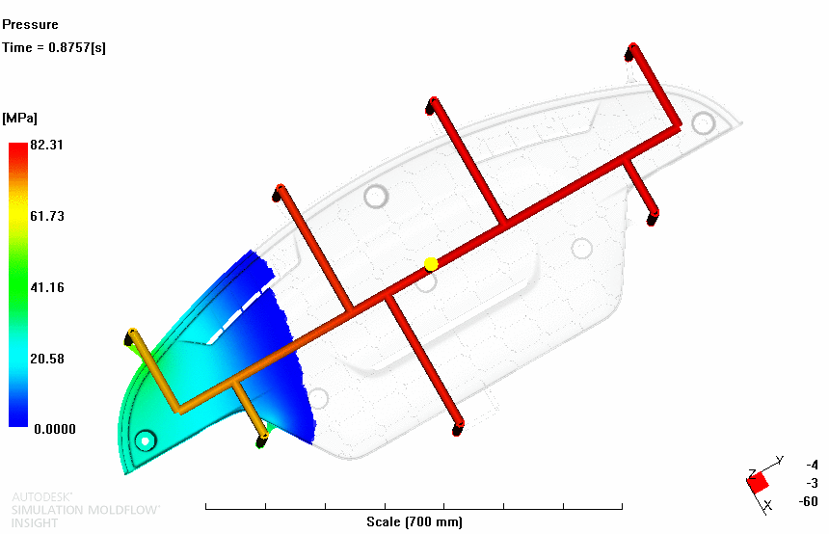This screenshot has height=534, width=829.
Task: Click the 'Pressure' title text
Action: click(x=30, y=24)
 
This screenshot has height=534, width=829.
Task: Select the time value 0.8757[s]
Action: click(x=77, y=47)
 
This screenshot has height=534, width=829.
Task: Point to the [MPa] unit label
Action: click(x=19, y=118)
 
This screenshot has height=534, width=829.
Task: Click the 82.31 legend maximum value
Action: click(x=46, y=145)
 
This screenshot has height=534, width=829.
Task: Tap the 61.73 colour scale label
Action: click(x=47, y=216)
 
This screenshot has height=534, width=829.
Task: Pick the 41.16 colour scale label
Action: click(x=47, y=287)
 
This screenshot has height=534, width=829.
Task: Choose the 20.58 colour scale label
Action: click(x=47, y=359)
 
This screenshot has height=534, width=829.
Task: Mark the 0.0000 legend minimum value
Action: click(x=55, y=429)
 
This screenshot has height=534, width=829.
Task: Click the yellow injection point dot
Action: click(x=431, y=264)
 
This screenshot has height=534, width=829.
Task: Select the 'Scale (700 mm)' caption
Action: click(x=414, y=521)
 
